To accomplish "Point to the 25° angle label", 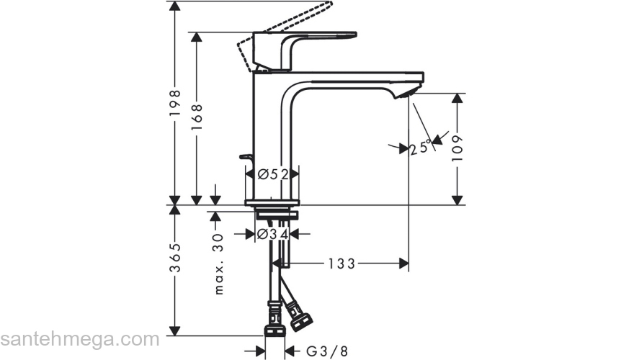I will pyautogui.click(x=420, y=148).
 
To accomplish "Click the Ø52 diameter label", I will pyautogui.click(x=273, y=174).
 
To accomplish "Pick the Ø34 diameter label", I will pyautogui.click(x=273, y=234).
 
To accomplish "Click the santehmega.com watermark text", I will pyautogui.click(x=79, y=338).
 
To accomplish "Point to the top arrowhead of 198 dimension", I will pyautogui.click(x=174, y=6).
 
